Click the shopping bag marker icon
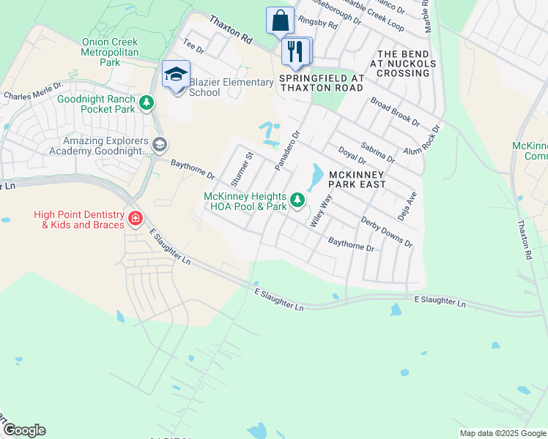[280, 20]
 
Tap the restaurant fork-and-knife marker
[296, 51]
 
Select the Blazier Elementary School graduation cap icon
[176, 75]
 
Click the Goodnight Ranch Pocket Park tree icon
[148, 103]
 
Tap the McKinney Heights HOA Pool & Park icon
[297, 199]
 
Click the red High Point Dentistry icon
[135, 218]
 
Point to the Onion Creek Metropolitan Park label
[110, 53]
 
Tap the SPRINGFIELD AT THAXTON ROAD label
[322, 83]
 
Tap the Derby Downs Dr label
[386, 232]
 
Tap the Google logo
[24, 430]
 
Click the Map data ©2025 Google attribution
[503, 433]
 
